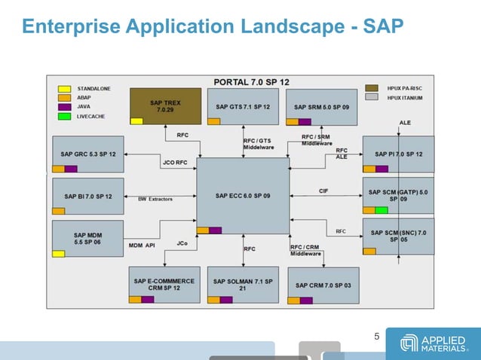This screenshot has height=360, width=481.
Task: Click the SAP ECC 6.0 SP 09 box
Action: tap(242, 196)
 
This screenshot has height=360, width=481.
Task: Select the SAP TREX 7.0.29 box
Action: tap(165, 106)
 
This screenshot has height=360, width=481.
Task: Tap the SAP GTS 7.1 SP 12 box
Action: tap(242, 106)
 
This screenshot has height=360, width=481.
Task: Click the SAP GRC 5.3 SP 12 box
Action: tap(87, 154)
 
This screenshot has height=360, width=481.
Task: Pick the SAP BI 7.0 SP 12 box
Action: tap(87, 196)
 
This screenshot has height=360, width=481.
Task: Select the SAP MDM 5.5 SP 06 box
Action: tap(87, 238)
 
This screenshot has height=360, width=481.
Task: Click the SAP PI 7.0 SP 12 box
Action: tap(398, 154)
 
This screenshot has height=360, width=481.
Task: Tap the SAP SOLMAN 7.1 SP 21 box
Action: tap(242, 285)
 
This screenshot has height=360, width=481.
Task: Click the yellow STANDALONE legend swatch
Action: tap(65, 89)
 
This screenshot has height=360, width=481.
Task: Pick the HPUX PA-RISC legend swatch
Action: tap(372, 88)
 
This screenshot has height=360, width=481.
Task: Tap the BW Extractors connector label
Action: tap(155, 199)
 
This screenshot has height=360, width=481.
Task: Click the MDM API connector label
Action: tap(141, 245)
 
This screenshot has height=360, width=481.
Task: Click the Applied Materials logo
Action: tap(434, 344)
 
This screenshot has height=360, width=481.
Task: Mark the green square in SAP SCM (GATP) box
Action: tap(381, 210)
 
